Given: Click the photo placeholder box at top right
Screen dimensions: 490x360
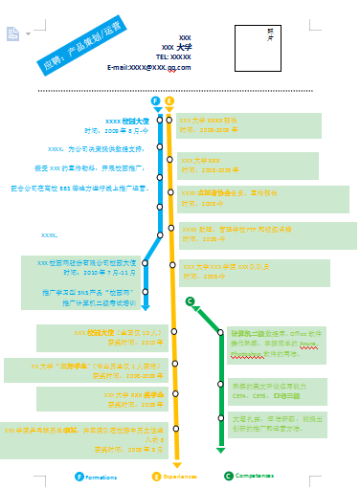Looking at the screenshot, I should pyautogui.click(x=275, y=43).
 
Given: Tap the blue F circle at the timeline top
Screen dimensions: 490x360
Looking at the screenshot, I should pyautogui.click(x=156, y=100).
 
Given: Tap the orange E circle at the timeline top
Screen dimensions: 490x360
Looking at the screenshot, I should pyautogui.click(x=169, y=100).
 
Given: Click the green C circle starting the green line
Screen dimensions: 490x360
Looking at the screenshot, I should pyautogui.click(x=191, y=302).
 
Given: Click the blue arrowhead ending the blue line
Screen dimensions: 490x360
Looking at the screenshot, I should pyautogui.click(x=146, y=306).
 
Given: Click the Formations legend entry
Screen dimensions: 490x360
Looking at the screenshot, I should pyautogui.click(x=96, y=476).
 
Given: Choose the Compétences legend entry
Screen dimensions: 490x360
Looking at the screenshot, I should pyautogui.click(x=248, y=476).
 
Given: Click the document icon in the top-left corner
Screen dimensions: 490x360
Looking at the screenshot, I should pyautogui.click(x=13, y=34).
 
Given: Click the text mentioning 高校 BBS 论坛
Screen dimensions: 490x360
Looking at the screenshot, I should pyautogui.click(x=79, y=189).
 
